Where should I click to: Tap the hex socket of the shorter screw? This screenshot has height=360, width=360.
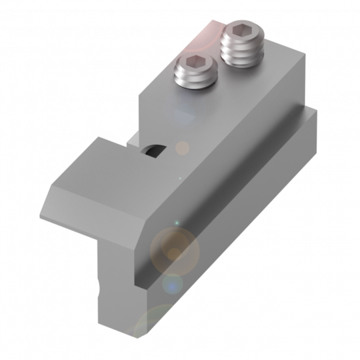tap(194, 63)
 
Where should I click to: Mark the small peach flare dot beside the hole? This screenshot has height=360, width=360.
tap(183, 148)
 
